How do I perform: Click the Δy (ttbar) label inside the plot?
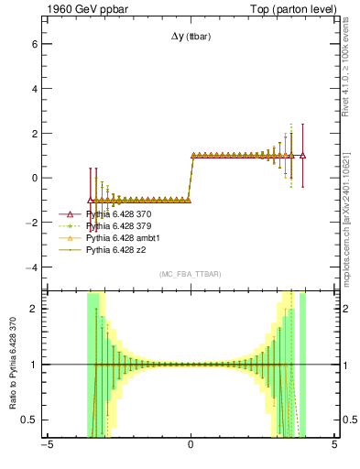(191, 37)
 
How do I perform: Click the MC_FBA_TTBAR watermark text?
(191, 274)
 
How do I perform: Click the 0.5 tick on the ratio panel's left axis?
(27, 420)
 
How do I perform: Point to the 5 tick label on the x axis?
(334, 447)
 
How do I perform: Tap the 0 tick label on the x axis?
(191, 447)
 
